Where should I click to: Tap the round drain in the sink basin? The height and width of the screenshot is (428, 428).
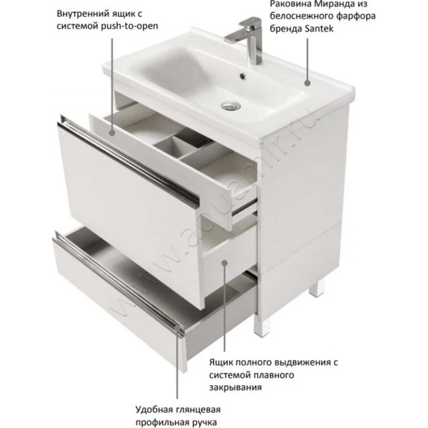(x=231, y=105)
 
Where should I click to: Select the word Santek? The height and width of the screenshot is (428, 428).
(x=319, y=28)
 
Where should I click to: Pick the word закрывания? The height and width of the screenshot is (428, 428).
(x=235, y=387)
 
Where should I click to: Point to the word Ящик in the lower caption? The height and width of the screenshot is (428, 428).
(x=221, y=363)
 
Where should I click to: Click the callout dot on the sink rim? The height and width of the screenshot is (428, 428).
(x=308, y=83)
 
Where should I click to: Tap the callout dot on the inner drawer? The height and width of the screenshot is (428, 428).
(x=112, y=133)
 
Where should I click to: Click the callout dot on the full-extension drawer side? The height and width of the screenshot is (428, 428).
(x=224, y=263)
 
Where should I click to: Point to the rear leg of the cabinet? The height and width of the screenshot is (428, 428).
(x=319, y=290)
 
